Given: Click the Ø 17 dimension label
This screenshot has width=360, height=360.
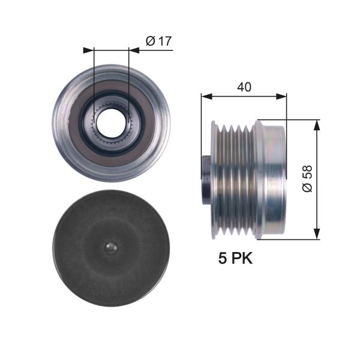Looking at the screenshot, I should [x=158, y=41].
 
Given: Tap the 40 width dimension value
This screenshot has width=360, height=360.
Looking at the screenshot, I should [x=244, y=87].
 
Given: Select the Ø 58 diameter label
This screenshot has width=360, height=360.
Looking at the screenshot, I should [x=307, y=179].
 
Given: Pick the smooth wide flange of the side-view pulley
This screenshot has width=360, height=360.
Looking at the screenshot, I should [x=271, y=179].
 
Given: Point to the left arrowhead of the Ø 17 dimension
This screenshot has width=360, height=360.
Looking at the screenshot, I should [x=91, y=50].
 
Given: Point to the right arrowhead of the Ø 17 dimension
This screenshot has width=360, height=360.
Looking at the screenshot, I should [x=133, y=50].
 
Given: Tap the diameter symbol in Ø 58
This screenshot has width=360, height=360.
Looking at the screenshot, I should [x=307, y=188].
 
